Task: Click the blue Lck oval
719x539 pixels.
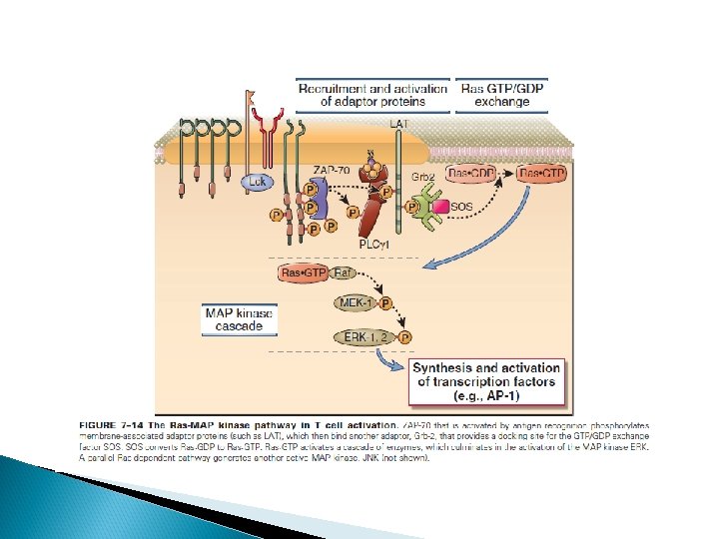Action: click(x=260, y=182)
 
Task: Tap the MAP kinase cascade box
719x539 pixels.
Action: click(x=239, y=319)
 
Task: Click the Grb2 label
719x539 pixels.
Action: click(x=422, y=176)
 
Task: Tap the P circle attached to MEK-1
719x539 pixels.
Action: click(x=386, y=303)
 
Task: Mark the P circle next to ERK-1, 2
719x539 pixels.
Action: click(x=404, y=338)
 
